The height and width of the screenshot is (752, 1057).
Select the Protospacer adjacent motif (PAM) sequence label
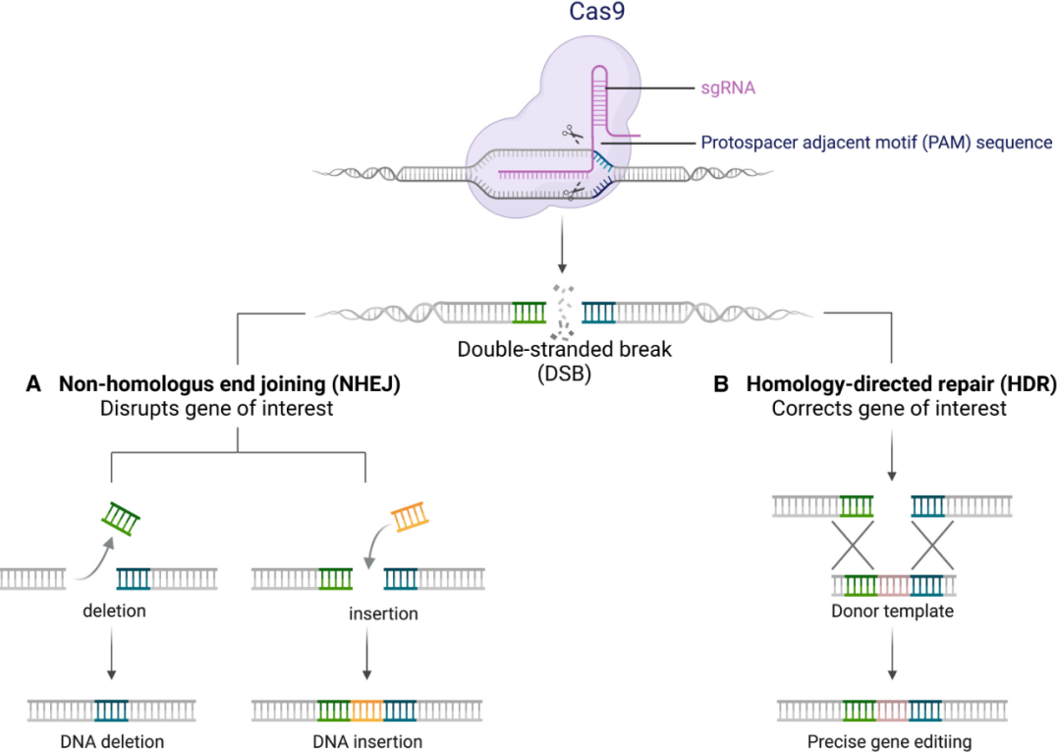(x=876, y=143)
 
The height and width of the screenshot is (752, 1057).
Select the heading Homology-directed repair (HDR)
(x=901, y=384)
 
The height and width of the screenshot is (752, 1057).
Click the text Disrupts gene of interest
(x=216, y=408)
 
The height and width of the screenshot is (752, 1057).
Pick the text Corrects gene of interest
(x=889, y=408)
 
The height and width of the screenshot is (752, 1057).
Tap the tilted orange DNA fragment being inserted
(x=410, y=516)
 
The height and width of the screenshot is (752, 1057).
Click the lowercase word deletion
(x=114, y=610)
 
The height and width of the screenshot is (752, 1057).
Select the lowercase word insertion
(x=383, y=613)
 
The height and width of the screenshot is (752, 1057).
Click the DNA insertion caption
(x=367, y=741)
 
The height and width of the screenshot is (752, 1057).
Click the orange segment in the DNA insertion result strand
(x=367, y=709)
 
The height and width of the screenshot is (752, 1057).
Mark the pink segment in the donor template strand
(x=894, y=585)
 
